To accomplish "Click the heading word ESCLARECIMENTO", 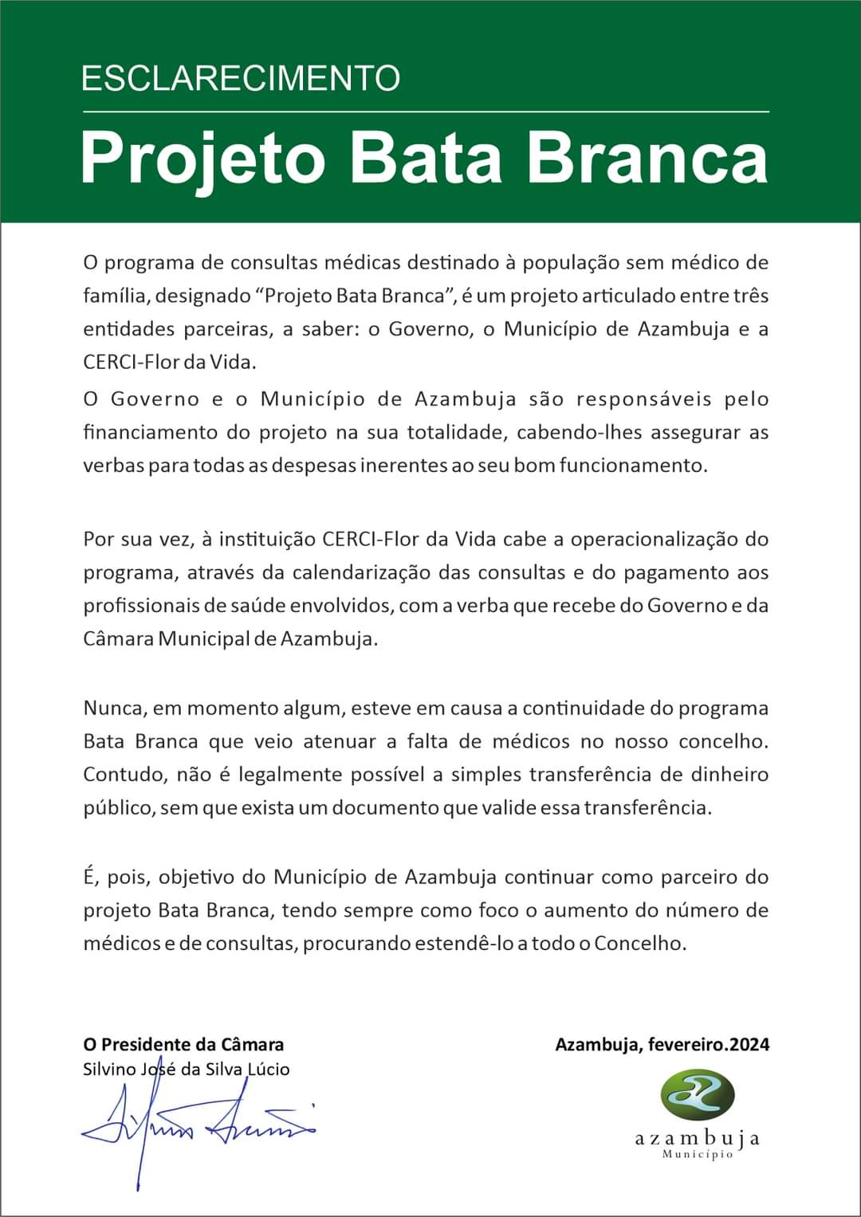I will pyautogui.click(x=241, y=78).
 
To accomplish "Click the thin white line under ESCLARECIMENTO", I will pyautogui.click(x=426, y=112).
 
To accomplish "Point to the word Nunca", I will pyautogui.click(x=113, y=708).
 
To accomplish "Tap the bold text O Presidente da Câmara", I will pyautogui.click(x=183, y=1044).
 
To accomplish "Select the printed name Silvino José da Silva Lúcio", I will pyautogui.click(x=187, y=1069).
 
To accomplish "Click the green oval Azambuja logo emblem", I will pyautogui.click(x=697, y=1093).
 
